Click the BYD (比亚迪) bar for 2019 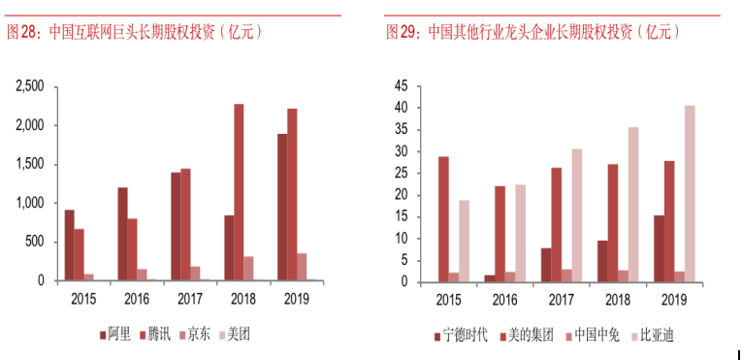tap(690, 194)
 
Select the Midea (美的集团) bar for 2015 tap(443, 219)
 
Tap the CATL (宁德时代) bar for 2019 tap(658, 248)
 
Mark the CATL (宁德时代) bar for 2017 tap(545, 265)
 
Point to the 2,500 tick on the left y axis tap(29, 86)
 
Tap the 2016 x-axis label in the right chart tap(504, 300)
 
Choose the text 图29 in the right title tap(400, 32)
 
